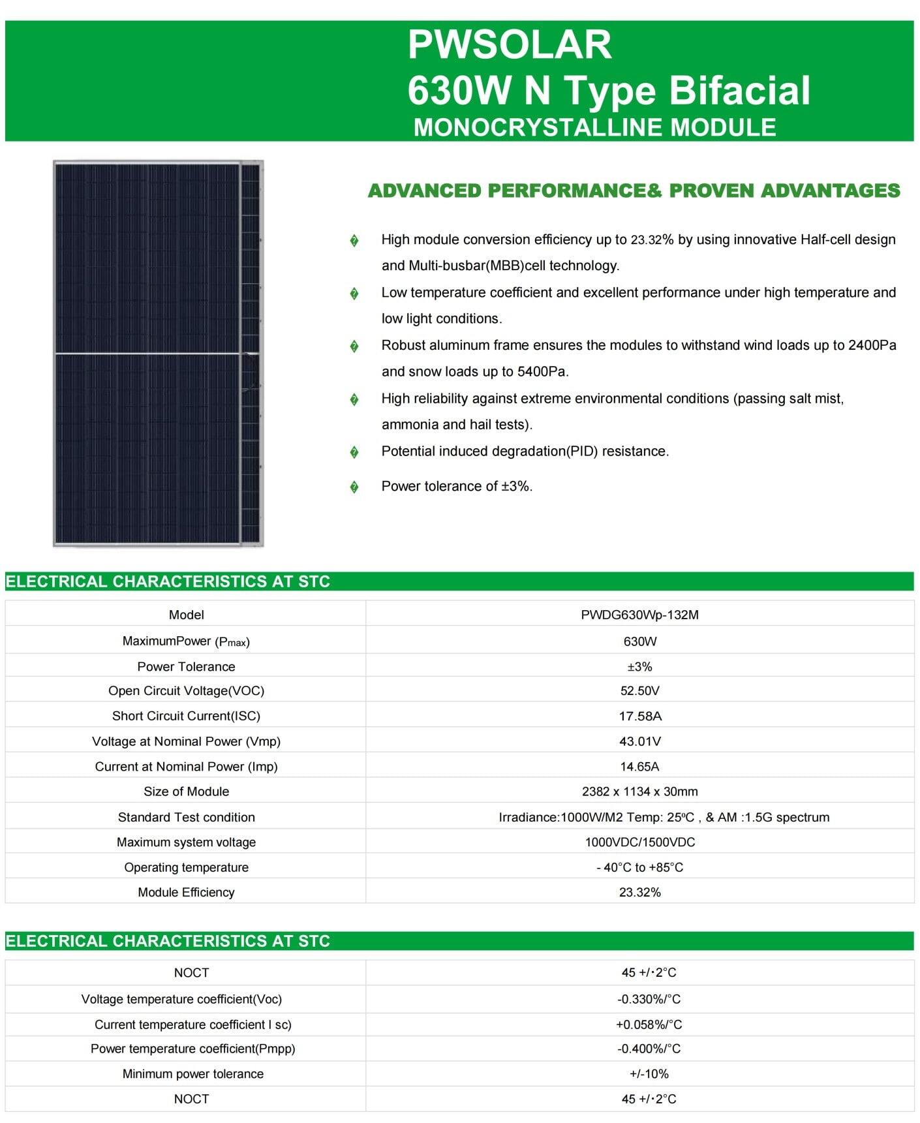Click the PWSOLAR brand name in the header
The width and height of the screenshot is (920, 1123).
pos(510,44)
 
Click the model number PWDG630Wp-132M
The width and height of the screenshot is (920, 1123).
pos(639,615)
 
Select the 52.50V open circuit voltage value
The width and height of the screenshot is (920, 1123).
pos(639,690)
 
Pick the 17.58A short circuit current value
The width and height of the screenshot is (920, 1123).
pos(639,716)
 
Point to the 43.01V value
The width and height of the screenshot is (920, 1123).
pos(639,741)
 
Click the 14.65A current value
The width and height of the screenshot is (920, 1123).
pos(639,767)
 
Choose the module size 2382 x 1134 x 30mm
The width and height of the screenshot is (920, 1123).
pos(639,792)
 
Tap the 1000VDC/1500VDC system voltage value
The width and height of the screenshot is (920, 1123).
pos(639,842)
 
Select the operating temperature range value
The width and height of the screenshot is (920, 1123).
pos(639,867)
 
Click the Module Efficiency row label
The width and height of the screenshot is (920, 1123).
pos(186,892)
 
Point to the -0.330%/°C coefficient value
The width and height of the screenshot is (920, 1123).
pos(649,999)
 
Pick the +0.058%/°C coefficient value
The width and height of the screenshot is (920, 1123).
pos(649,1024)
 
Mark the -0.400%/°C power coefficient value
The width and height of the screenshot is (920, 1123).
pos(649,1049)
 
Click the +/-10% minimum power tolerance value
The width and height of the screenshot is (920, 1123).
pos(649,1074)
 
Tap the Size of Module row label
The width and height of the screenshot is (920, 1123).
pos(186,792)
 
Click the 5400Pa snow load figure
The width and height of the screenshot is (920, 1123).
pos(542,372)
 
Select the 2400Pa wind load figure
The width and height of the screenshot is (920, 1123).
pos(872,345)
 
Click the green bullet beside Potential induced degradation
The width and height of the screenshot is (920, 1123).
pos(354,452)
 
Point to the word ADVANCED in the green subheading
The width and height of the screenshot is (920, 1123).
pos(425,191)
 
